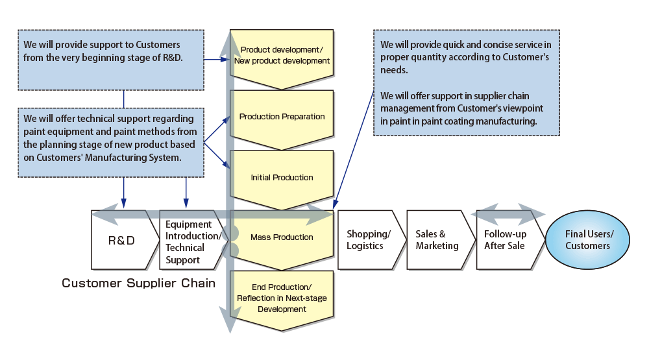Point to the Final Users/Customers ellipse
[x=588, y=239]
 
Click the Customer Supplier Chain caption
[x=139, y=283]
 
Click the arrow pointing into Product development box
[x=217, y=60]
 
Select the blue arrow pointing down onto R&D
[x=124, y=193]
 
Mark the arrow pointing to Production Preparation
[x=217, y=130]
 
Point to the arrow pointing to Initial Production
[x=217, y=156]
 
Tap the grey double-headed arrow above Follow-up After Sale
[x=508, y=214]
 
